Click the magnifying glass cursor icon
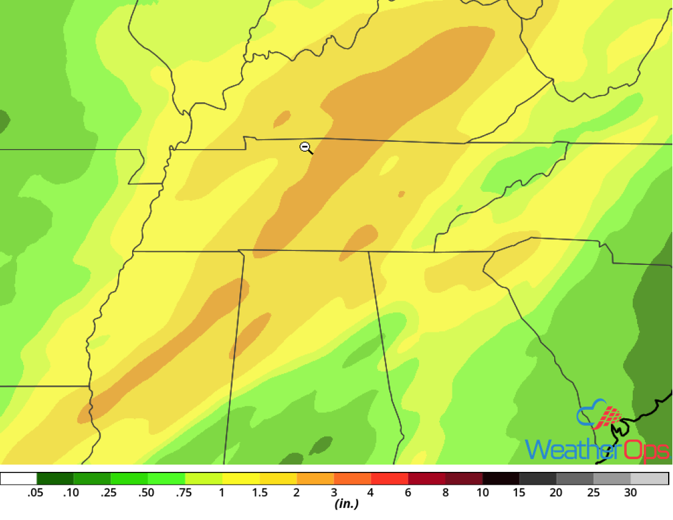pyautogui.click(x=306, y=147)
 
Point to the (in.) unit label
pyautogui.click(x=345, y=504)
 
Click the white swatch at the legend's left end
pyautogui.click(x=18, y=479)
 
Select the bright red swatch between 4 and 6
pyautogui.click(x=390, y=479)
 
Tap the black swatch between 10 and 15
pyautogui.click(x=501, y=479)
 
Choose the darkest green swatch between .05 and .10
pyautogui.click(x=55, y=479)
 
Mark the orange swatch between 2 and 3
pyautogui.click(x=315, y=479)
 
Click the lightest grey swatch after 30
pyautogui.click(x=650, y=479)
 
